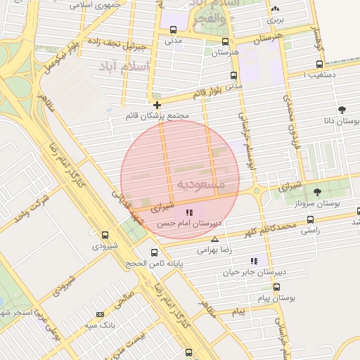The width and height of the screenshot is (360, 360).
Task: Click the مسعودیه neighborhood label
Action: point(200,184)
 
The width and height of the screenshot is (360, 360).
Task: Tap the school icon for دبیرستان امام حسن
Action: point(189,212)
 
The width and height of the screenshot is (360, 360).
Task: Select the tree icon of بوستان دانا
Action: point(342,109)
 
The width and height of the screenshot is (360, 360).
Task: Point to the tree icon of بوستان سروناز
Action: point(317,191)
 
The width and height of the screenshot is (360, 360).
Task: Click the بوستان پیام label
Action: point(277,298)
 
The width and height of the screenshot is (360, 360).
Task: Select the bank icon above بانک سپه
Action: point(100,314)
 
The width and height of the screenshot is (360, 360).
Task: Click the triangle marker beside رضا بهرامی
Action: point(214,239)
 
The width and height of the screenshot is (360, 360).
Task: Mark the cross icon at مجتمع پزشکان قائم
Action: point(157,105)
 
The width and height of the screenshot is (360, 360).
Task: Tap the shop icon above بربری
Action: point(275,9)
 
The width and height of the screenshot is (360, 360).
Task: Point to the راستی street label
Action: point(310,230)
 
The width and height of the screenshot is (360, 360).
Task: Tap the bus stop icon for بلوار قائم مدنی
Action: point(233,76)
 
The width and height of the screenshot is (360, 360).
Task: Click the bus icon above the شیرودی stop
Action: point(105,236)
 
